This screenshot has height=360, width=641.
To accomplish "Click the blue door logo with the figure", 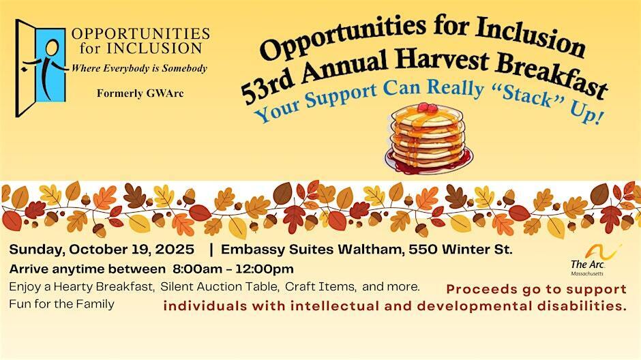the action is pos(41,67).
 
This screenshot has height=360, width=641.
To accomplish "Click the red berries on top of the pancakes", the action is pos(426,107).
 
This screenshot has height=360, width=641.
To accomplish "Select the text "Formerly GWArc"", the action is pos(140,93).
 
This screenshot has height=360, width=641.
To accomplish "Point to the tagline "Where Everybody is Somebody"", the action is pos(139,68).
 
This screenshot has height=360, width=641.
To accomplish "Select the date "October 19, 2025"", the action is pos(131,250).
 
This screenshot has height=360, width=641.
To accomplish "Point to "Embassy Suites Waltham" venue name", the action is pos(313,250).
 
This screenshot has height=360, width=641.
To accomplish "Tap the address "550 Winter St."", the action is pos(460,250).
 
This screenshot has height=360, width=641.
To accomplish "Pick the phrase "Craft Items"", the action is pos(320,287).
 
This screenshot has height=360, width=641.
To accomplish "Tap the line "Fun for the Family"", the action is pos(62,304).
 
